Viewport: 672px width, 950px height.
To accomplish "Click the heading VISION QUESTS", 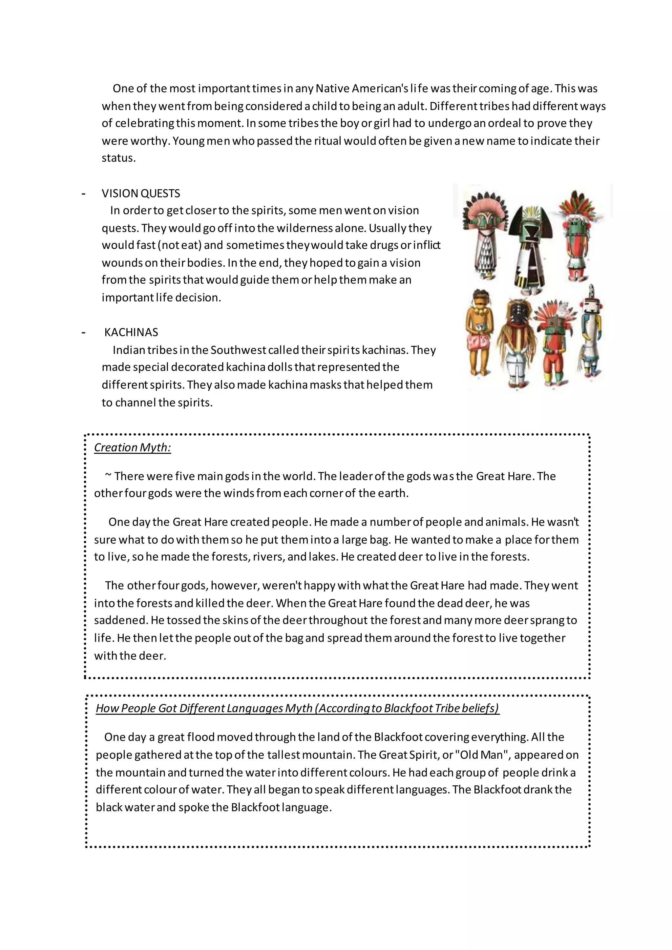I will click(x=141, y=193).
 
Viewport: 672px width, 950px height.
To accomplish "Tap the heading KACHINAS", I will click(x=131, y=332).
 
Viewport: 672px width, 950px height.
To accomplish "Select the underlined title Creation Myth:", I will click(x=133, y=448).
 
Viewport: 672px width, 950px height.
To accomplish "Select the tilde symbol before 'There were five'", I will click(x=108, y=476).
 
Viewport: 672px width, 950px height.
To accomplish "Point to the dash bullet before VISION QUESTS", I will click(x=84, y=194).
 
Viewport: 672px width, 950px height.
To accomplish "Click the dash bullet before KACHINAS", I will click(x=84, y=333).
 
